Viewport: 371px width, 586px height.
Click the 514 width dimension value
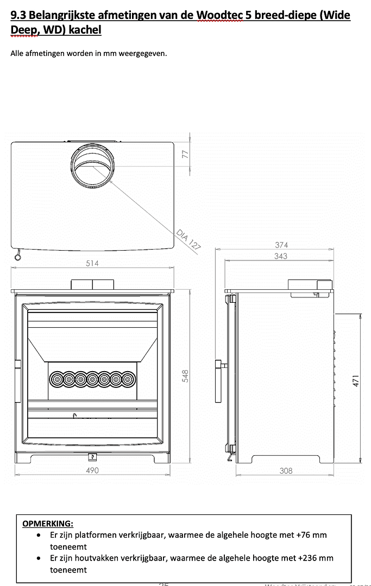point(92,264)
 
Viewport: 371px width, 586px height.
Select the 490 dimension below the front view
point(92,470)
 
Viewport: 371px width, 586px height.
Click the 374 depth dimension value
point(281,245)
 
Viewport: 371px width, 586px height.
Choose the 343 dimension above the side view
point(281,256)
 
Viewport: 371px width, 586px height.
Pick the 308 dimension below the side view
point(286,470)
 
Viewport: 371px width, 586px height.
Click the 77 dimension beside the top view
point(185,155)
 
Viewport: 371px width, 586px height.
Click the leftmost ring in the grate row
point(56,379)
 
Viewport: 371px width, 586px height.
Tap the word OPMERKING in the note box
point(47,524)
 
